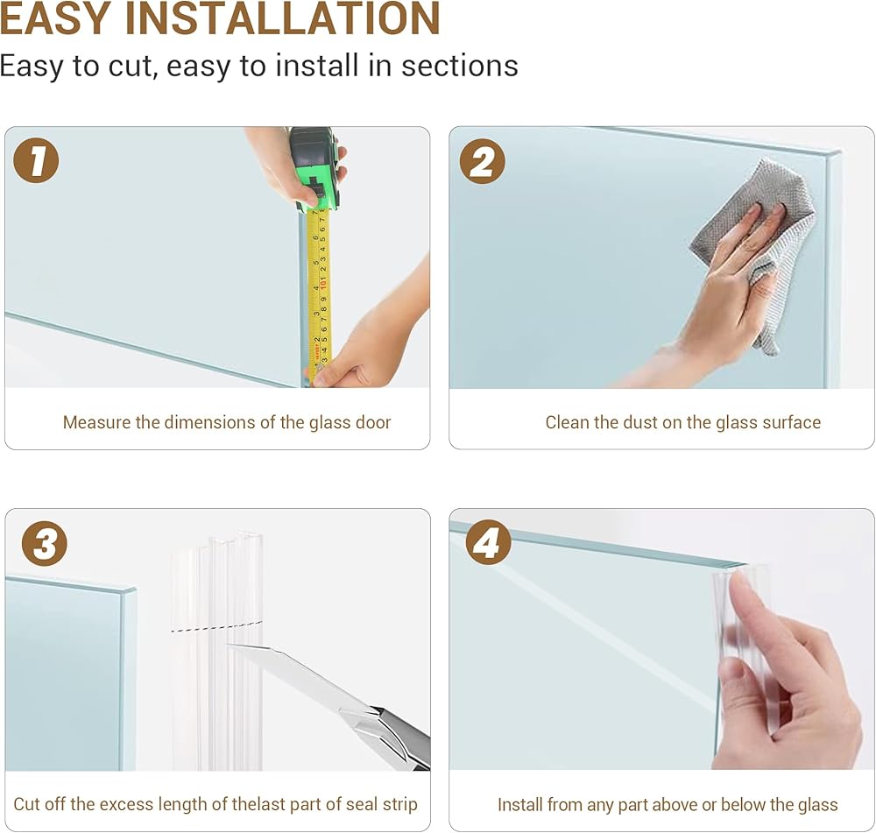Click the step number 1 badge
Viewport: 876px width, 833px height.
coord(36,160)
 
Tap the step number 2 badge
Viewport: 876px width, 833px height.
coord(482,162)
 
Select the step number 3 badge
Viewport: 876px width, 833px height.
coord(45,544)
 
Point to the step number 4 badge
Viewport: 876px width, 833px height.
coord(487,542)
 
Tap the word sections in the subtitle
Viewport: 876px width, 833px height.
coord(460,66)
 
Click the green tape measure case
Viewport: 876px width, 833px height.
coord(314,168)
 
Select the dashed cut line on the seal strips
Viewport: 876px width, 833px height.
coord(215,627)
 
